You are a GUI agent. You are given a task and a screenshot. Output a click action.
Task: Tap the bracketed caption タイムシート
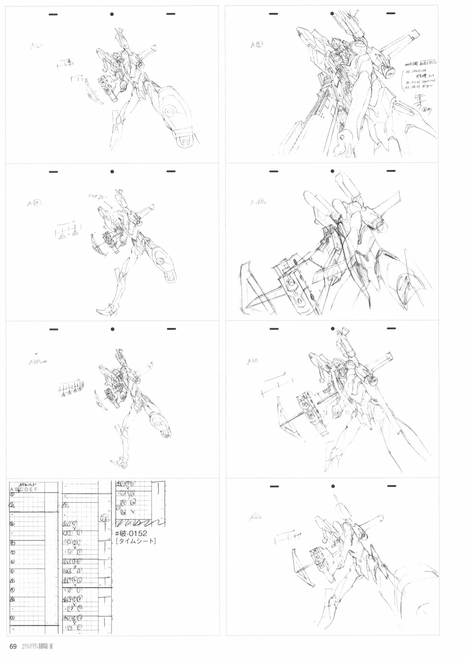pyautogui.click(x=136, y=541)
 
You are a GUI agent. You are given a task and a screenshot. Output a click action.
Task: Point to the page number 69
pyautogui.click(x=13, y=646)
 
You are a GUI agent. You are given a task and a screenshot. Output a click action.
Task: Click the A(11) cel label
pyautogui.click(x=252, y=361)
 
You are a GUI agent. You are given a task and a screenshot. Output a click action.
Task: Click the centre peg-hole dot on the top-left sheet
pyautogui.click(x=112, y=14)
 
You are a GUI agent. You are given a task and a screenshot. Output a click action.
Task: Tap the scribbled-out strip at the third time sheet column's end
pyautogui.click(x=140, y=522)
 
